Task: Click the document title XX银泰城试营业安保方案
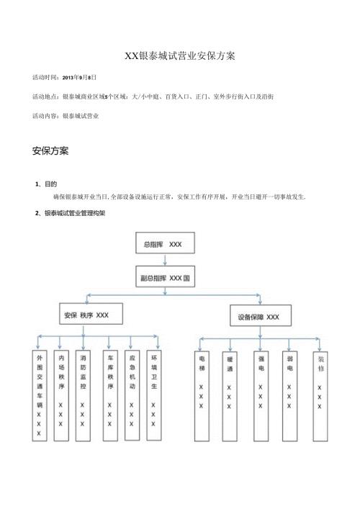(180, 55)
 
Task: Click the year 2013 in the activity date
(70, 76)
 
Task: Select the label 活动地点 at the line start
(45, 96)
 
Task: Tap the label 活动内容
(45, 115)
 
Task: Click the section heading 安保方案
(50, 152)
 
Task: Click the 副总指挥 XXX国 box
(166, 278)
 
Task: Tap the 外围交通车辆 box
(39, 395)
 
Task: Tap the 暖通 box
(229, 382)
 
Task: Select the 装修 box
(320, 382)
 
